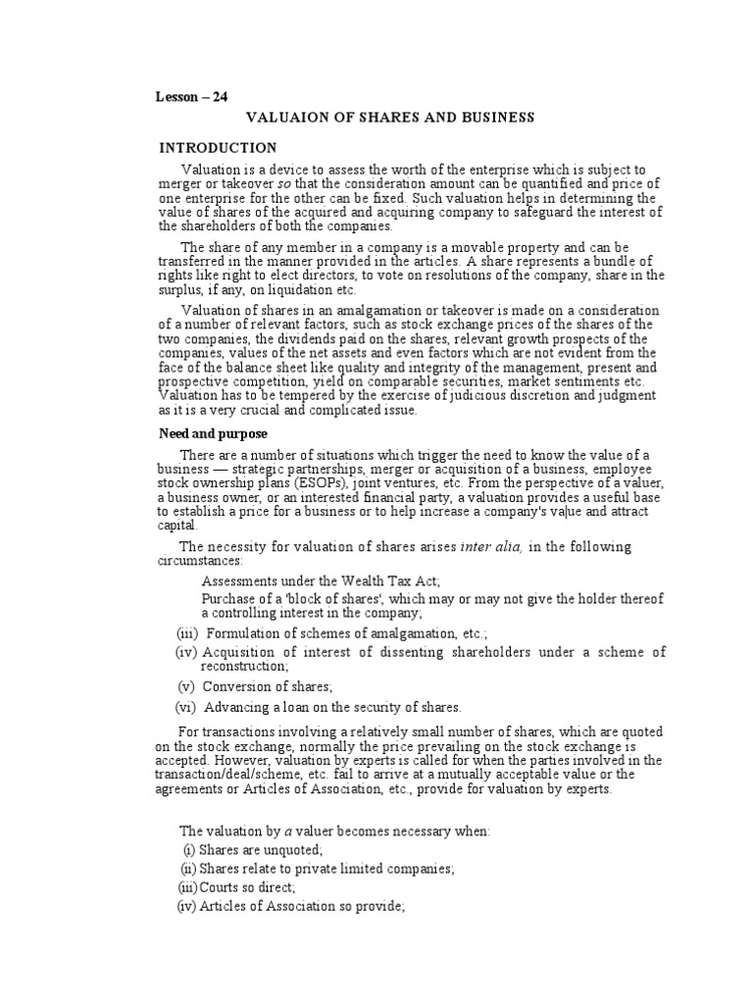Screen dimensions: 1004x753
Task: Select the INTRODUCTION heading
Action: coord(219,148)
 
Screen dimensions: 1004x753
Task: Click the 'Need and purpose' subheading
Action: coord(214,433)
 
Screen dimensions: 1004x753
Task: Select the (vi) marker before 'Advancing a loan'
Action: coord(185,707)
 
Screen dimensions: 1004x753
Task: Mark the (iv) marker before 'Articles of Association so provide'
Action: coord(185,907)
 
